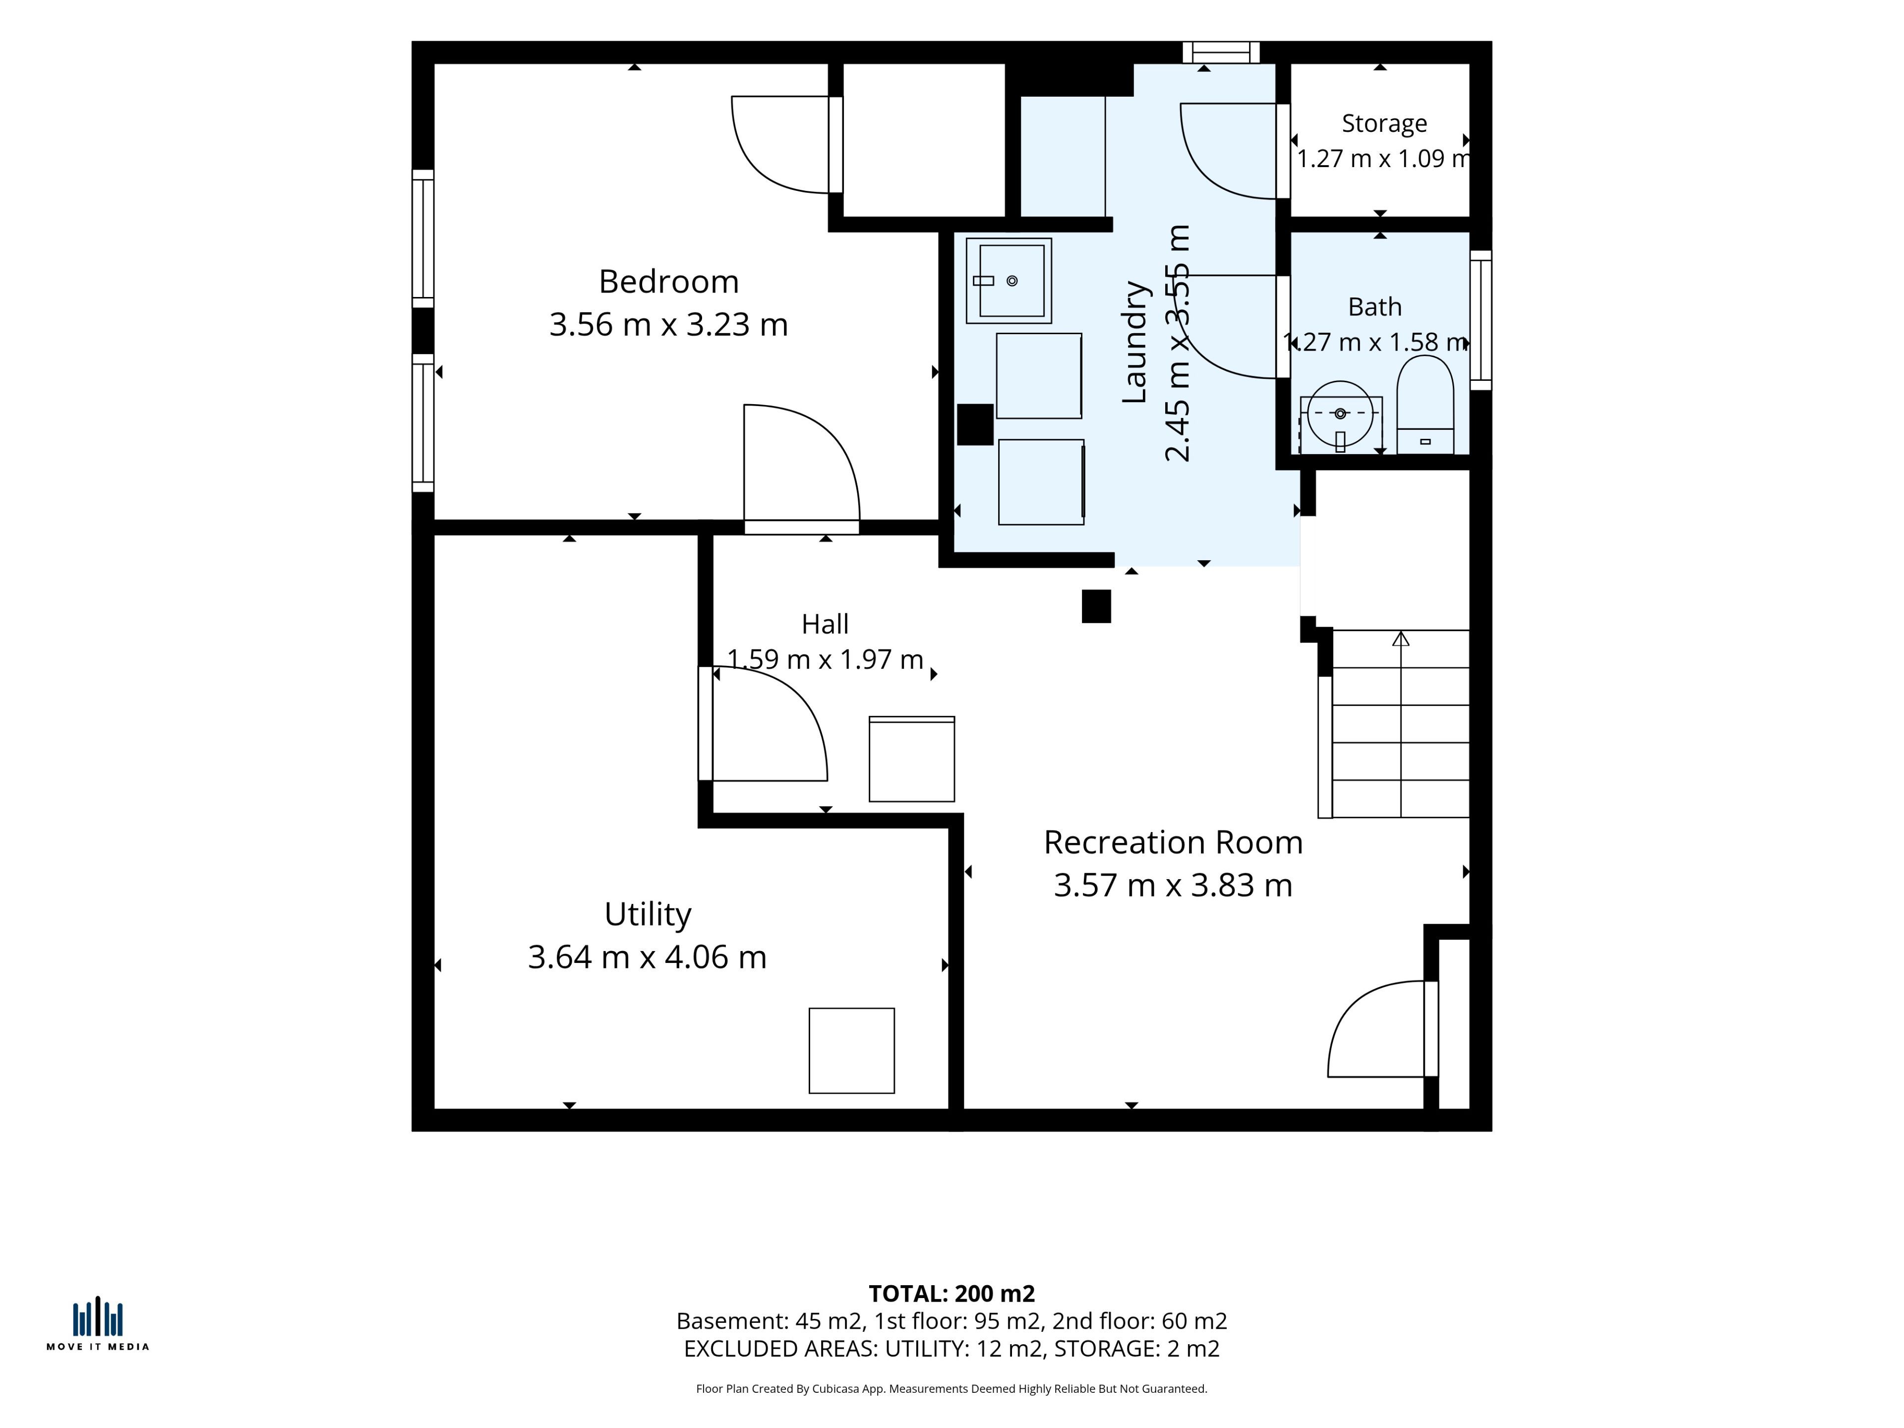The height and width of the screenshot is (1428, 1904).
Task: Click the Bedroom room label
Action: [669, 282]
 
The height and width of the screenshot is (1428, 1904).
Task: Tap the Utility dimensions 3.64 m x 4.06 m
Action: [647, 957]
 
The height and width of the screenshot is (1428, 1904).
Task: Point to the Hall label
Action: [825, 624]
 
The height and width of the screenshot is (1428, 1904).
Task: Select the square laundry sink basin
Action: [1009, 281]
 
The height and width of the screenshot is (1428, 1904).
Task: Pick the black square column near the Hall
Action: [1096, 606]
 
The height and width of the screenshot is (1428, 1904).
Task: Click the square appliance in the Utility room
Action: [851, 1050]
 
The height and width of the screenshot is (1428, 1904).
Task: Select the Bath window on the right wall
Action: [1481, 320]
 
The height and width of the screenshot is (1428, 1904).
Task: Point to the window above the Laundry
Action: [1221, 53]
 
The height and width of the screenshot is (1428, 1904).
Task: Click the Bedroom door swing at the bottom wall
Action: [801, 465]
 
